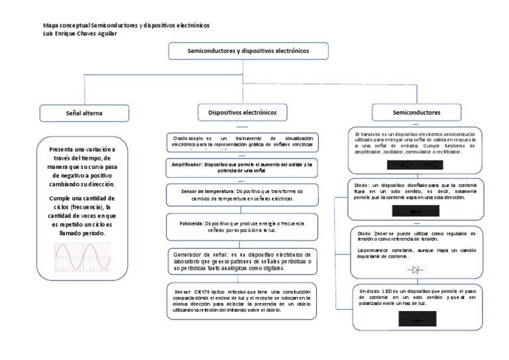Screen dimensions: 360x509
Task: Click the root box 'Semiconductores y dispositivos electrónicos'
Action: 239,50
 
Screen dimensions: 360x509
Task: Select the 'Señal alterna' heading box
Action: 84,113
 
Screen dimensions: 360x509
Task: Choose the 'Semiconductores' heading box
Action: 416,113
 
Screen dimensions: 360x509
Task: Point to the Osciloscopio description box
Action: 242,142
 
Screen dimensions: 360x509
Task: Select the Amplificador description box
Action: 242,166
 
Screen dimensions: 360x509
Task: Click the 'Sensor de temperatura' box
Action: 242,195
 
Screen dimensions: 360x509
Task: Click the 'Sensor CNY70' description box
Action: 242,300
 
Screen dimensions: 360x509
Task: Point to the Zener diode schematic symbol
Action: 415,270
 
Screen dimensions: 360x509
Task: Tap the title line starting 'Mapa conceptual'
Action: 125,25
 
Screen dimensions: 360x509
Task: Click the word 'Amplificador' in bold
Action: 186,163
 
